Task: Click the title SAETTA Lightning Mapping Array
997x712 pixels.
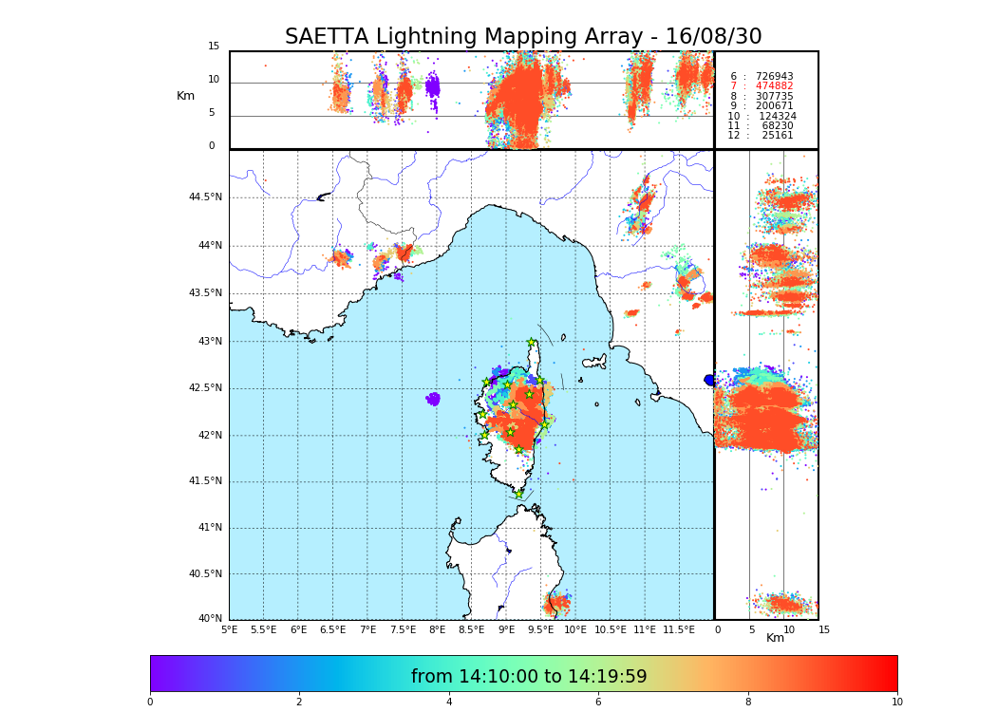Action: click(x=523, y=37)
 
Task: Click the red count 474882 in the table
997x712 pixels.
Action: click(x=774, y=86)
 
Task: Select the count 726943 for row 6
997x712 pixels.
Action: click(x=774, y=76)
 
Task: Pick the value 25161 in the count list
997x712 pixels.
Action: click(x=777, y=136)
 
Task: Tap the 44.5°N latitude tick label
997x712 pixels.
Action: click(x=205, y=197)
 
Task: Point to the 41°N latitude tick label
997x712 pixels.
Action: click(x=208, y=528)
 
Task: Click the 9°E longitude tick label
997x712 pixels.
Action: click(x=506, y=629)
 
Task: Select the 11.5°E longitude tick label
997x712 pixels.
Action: click(x=679, y=629)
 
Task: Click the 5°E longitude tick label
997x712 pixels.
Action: click(x=229, y=629)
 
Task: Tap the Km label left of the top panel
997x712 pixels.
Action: click(x=185, y=96)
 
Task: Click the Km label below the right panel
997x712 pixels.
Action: click(x=775, y=638)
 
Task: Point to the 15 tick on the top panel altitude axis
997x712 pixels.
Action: click(x=214, y=47)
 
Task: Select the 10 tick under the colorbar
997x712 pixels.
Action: click(x=896, y=703)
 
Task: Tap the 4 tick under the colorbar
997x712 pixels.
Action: click(x=449, y=703)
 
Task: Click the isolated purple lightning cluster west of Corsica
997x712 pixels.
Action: click(x=433, y=399)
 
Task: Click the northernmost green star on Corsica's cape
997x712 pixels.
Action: click(x=532, y=343)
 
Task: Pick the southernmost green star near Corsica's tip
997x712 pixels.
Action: click(x=518, y=494)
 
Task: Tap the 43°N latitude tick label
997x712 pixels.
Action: click(x=208, y=342)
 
